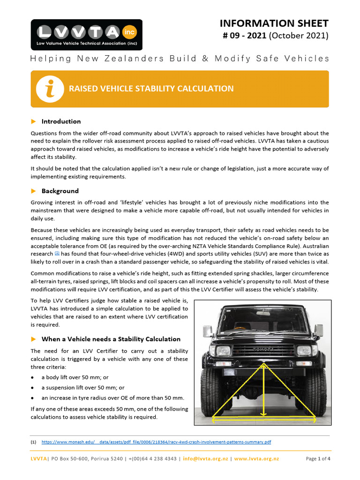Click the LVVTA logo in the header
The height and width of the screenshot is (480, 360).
[86, 35]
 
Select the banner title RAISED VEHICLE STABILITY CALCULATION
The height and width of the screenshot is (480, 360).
[151, 89]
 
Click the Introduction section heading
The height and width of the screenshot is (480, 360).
[61, 121]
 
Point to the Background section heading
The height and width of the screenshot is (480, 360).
[60, 191]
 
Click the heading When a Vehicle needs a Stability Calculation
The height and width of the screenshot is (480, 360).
[111, 339]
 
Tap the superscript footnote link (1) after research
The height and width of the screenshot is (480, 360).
[57, 252]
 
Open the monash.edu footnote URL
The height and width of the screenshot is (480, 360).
[156, 442]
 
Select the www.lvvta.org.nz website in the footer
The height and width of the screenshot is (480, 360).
[256, 459]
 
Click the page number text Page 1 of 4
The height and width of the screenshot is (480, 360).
[318, 459]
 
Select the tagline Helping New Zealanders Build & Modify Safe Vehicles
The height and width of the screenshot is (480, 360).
[180, 59]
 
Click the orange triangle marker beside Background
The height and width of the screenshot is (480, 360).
[33, 191]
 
